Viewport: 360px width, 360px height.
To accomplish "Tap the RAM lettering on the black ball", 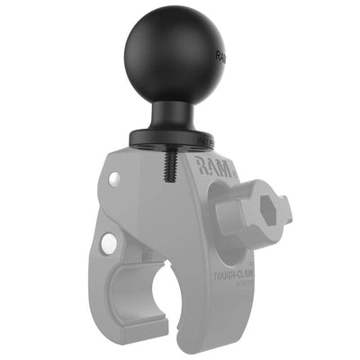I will pyautogui.click(x=220, y=59).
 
